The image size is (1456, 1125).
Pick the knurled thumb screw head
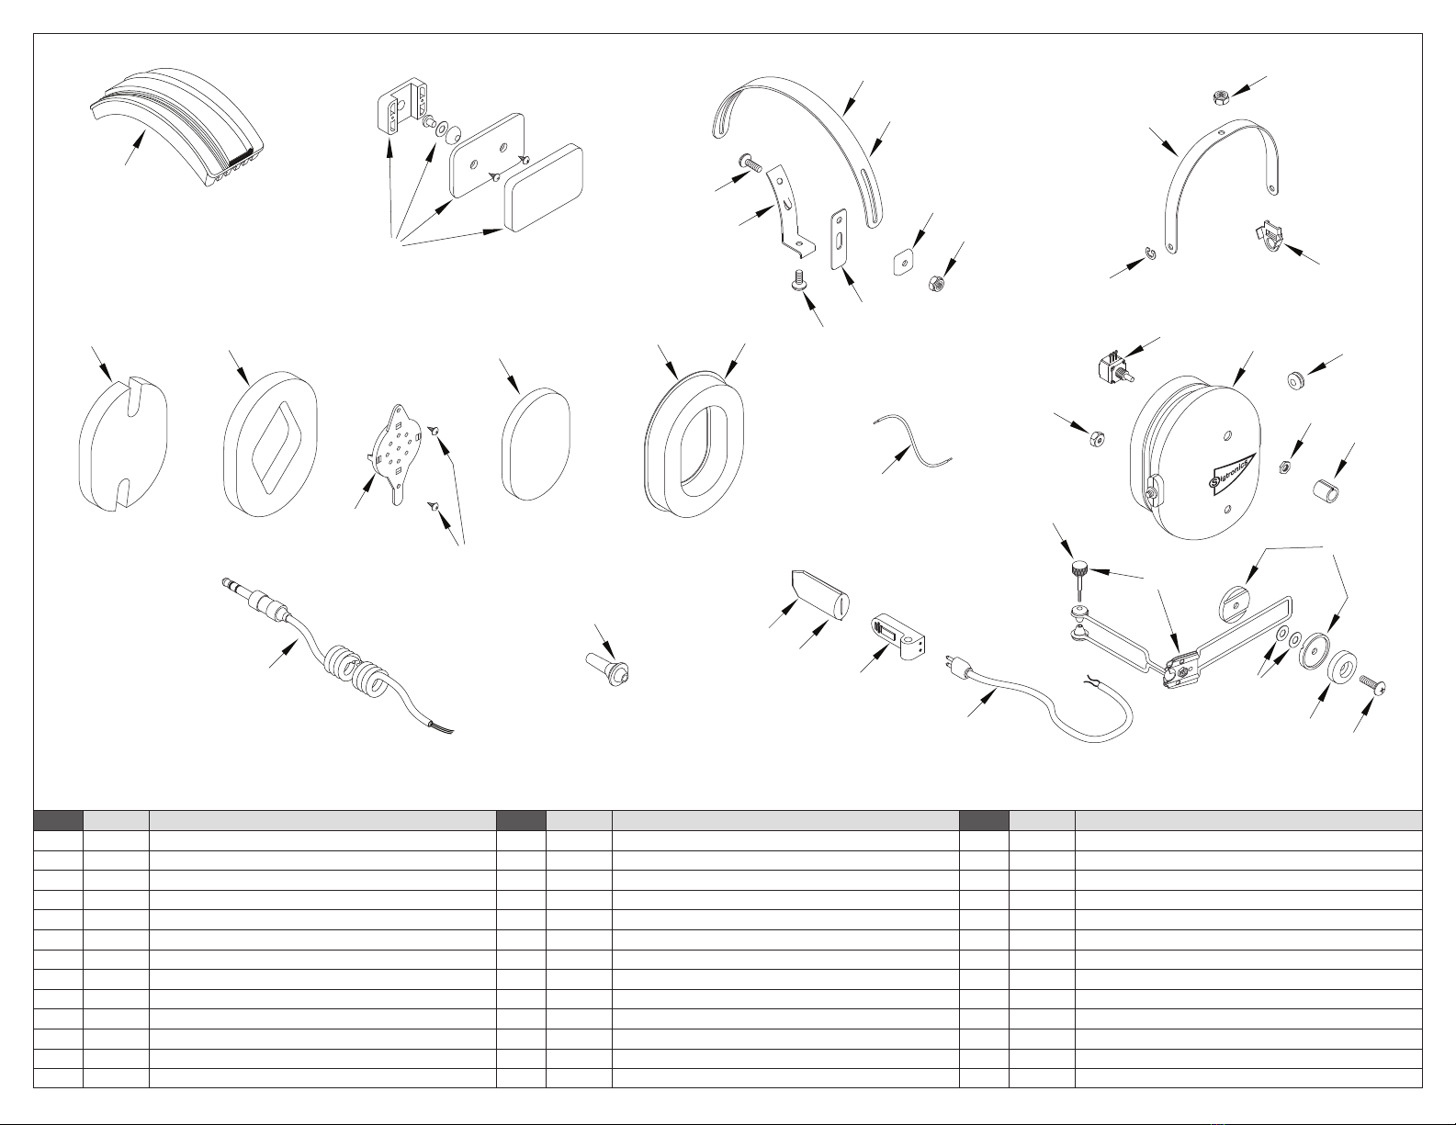click(x=1079, y=569)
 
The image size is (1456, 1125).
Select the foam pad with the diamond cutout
click(x=271, y=444)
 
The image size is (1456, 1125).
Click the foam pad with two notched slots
click(x=123, y=444)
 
